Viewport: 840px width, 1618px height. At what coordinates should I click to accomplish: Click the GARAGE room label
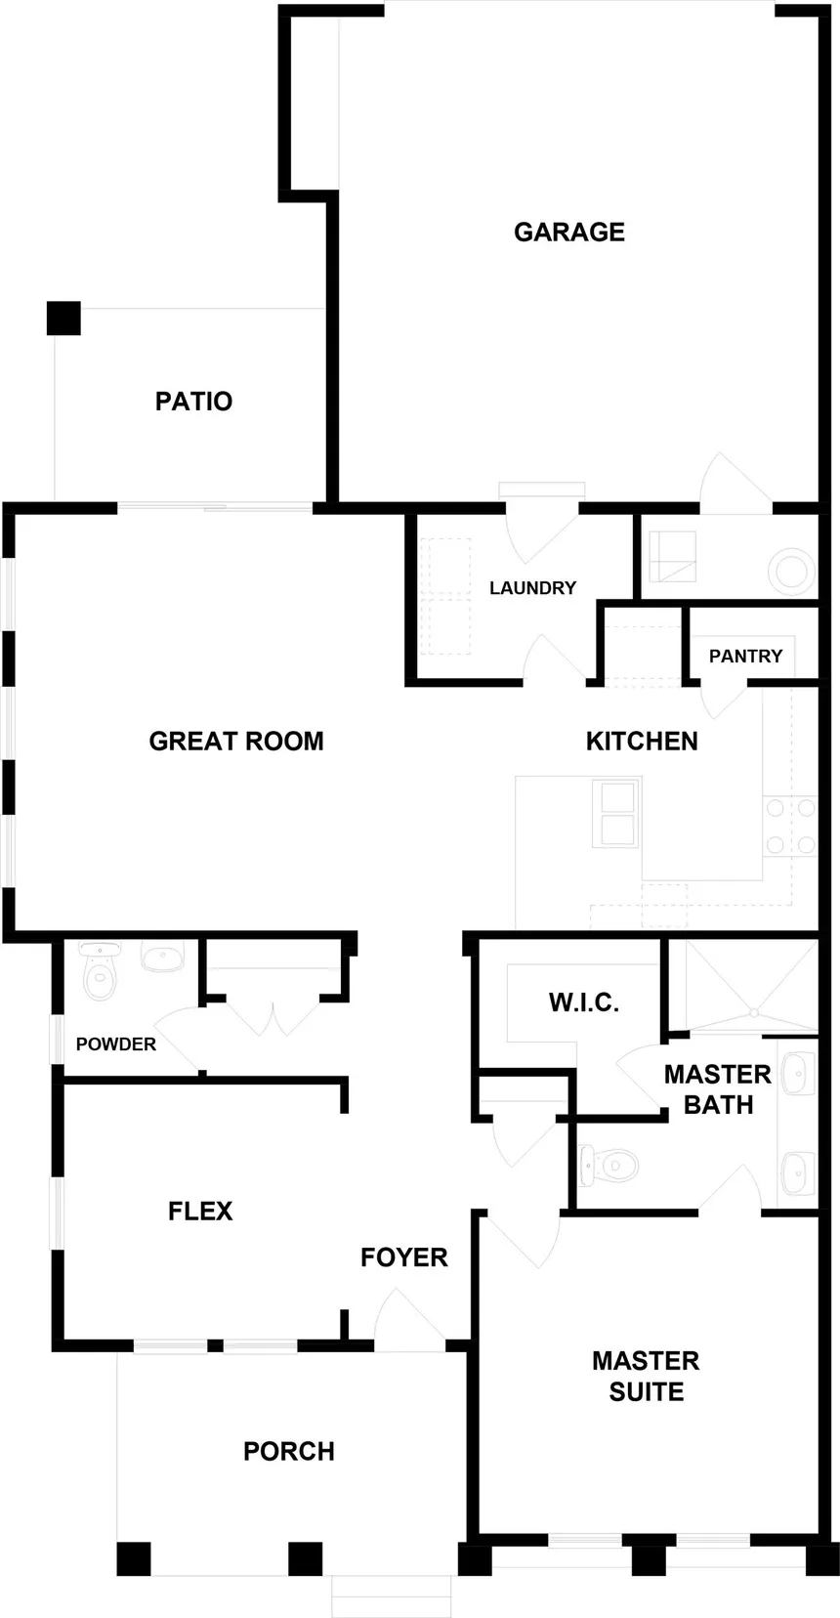[x=569, y=232]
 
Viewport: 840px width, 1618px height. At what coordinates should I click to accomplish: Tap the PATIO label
[x=193, y=401]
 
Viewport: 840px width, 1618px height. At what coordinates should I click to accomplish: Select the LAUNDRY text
[x=533, y=588]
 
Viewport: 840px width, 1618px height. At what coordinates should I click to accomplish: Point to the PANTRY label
[x=745, y=656]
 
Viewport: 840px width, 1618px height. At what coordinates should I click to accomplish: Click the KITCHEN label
[x=642, y=742]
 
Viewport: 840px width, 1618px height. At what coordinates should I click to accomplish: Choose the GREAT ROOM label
[x=236, y=742]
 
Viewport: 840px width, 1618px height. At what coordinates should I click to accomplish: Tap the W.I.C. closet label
[x=583, y=1002]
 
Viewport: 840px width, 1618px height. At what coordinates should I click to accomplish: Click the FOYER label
[x=403, y=1257]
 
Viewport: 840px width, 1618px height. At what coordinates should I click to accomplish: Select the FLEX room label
[x=200, y=1212]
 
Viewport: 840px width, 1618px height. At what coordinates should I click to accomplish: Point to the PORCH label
[x=289, y=1452]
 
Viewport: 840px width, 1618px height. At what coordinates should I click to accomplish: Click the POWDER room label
[x=116, y=1044]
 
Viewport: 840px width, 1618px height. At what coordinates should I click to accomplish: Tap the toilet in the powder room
[x=100, y=970]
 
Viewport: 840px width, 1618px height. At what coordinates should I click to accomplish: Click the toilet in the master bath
[x=609, y=1165]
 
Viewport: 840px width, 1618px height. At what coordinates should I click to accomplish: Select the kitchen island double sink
[x=616, y=813]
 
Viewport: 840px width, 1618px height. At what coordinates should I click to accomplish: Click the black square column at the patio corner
[x=63, y=319]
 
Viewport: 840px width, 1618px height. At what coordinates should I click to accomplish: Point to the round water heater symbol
[x=792, y=571]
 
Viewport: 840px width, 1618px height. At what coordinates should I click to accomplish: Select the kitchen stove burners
[x=790, y=825]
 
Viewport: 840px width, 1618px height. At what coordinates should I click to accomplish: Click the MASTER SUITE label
[x=646, y=1376]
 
